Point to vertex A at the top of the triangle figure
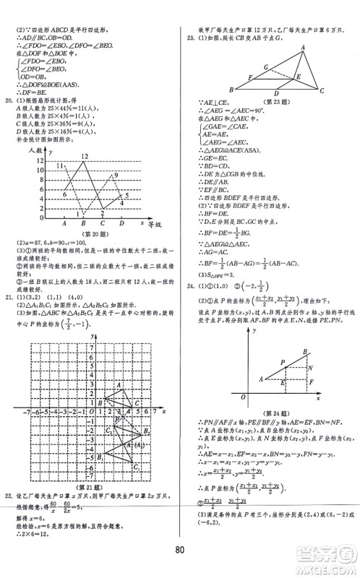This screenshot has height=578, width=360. (x=301, y=46)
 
